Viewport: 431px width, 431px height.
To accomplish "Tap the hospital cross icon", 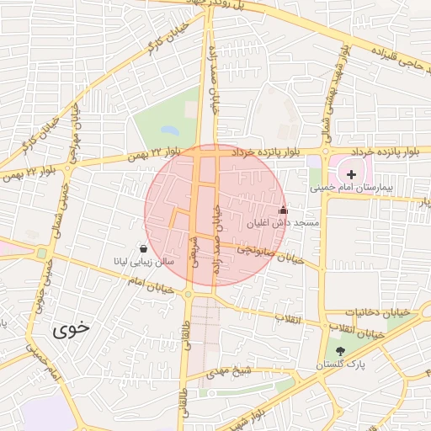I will (352, 173).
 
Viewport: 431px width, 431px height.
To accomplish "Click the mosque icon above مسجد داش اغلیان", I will (283, 210).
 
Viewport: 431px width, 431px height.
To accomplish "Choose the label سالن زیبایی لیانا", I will (144, 262).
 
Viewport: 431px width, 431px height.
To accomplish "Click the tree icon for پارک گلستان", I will (340, 351).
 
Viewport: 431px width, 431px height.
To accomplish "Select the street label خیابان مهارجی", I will (74, 134).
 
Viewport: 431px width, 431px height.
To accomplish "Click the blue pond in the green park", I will (169, 131).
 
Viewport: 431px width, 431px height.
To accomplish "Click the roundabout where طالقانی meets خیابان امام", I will (188, 294).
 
